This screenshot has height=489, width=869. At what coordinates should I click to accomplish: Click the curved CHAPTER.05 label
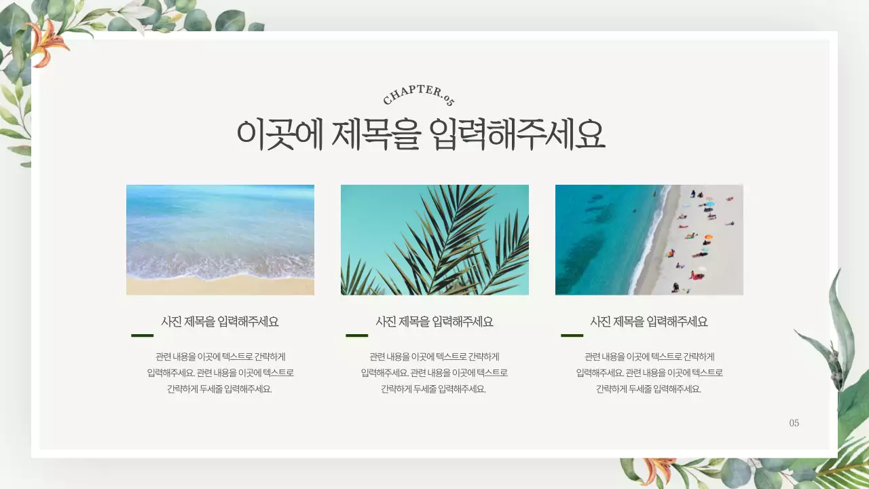[x=419, y=94]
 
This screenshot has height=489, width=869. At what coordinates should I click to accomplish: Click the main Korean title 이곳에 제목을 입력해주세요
[x=420, y=134]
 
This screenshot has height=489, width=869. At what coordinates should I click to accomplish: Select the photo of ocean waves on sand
[x=220, y=240]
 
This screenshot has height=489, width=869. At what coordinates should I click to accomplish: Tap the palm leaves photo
[x=434, y=240]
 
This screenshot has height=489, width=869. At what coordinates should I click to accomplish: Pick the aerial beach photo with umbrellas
[x=649, y=240]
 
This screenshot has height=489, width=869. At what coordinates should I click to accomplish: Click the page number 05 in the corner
[x=794, y=423]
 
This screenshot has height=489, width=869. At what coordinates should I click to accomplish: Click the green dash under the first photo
[x=142, y=336]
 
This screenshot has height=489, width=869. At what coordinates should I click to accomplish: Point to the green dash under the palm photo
[x=356, y=336]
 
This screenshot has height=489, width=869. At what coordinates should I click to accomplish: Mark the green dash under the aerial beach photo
[x=572, y=336]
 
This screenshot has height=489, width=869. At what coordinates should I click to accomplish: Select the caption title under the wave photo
[x=220, y=322]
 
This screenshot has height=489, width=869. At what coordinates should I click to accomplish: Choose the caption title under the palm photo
[x=434, y=322]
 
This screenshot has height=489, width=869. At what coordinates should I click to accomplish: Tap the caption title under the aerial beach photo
[x=649, y=322]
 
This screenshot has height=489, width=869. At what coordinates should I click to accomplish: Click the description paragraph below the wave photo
[x=220, y=373]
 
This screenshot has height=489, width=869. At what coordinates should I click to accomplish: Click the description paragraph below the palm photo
[x=434, y=373]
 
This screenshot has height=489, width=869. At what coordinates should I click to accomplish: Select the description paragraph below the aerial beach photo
[x=649, y=373]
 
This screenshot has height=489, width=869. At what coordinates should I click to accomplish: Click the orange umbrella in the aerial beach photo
[x=708, y=238]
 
